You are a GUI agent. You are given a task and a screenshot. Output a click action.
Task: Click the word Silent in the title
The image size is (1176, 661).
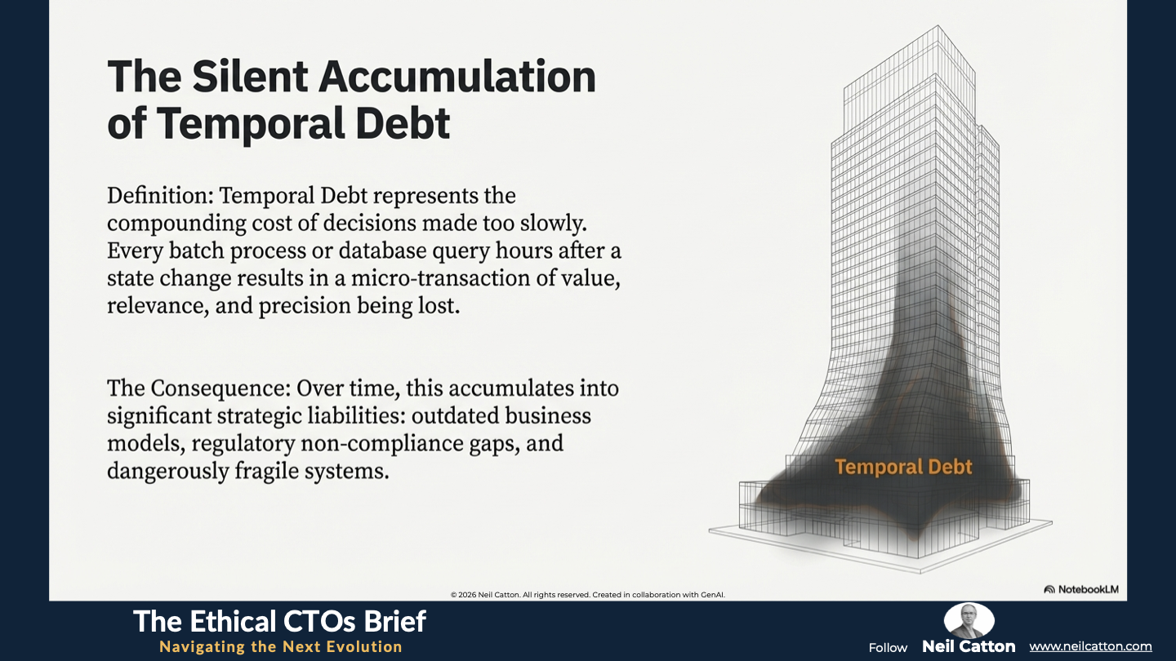(x=249, y=77)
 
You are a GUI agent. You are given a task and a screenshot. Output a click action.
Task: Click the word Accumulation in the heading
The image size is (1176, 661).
(x=457, y=77)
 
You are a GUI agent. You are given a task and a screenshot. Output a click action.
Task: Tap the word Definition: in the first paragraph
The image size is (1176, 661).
(x=160, y=196)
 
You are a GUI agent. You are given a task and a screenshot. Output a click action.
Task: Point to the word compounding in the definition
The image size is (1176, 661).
(x=176, y=224)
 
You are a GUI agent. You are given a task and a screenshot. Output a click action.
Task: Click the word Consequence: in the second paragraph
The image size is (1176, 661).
(x=220, y=388)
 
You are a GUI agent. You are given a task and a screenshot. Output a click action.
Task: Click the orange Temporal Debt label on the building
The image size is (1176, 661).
(x=903, y=467)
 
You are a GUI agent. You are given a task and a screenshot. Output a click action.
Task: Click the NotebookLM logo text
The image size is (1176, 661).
(x=1088, y=589)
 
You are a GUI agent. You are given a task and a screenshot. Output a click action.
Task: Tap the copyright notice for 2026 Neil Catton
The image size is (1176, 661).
(x=587, y=595)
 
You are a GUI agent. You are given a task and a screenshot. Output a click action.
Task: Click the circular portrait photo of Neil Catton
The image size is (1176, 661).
(x=969, y=620)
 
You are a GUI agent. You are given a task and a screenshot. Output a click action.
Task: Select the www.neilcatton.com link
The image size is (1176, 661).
(x=1090, y=646)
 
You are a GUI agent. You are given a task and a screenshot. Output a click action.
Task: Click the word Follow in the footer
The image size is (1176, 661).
(x=888, y=648)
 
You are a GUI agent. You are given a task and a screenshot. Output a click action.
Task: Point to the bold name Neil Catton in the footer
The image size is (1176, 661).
(x=969, y=646)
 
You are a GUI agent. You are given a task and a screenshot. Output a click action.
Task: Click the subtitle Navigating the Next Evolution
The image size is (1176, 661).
(x=281, y=646)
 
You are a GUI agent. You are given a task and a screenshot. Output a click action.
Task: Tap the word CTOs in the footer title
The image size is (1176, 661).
(x=317, y=622)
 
